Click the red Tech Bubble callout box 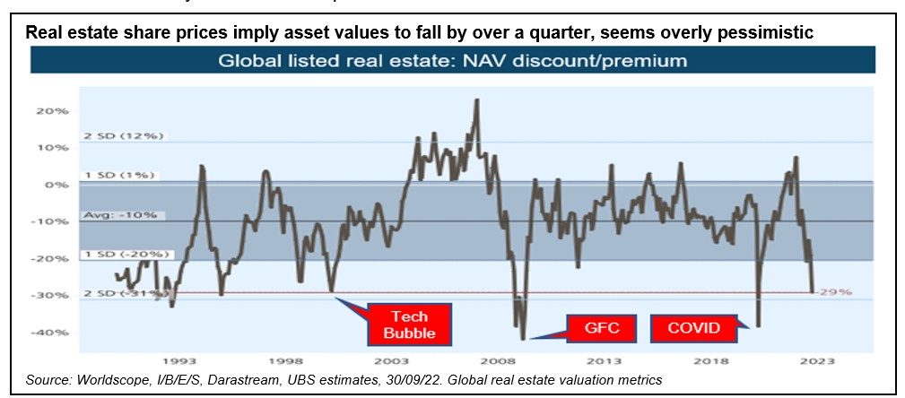(408, 325)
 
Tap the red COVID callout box (693, 327)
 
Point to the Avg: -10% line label (119, 215)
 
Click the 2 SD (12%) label (119, 136)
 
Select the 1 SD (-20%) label (122, 255)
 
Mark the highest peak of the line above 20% (476, 100)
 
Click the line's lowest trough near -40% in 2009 (523, 338)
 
